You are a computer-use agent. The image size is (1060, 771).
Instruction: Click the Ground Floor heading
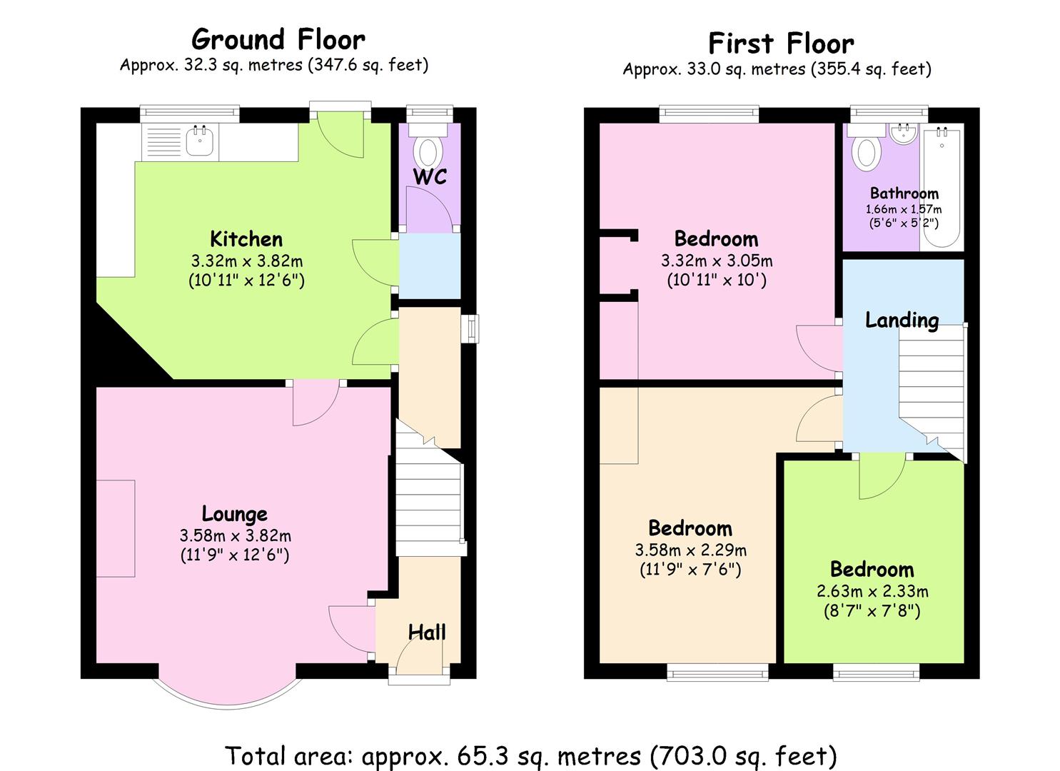(x=278, y=39)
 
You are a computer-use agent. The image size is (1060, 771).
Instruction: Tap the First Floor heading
(x=782, y=44)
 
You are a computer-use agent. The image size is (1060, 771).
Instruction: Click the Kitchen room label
(x=246, y=238)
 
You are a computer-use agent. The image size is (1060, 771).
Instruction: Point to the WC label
(x=430, y=176)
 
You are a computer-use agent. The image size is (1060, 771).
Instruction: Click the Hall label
(x=427, y=633)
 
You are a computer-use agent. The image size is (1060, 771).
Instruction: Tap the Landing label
(x=902, y=321)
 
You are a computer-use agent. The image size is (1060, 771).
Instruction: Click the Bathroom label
(x=904, y=193)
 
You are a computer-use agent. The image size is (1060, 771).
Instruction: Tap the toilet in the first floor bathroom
(x=866, y=147)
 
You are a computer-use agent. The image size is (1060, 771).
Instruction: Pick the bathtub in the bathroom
(x=942, y=187)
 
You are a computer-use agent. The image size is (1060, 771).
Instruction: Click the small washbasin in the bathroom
(x=904, y=133)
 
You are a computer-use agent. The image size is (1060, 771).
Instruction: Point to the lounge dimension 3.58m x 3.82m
(x=235, y=535)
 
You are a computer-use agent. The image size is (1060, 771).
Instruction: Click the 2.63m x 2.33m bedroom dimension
(x=872, y=591)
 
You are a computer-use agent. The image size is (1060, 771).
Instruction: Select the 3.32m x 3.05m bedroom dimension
(x=717, y=261)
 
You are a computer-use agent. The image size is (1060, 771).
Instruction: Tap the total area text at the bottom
(x=531, y=755)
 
